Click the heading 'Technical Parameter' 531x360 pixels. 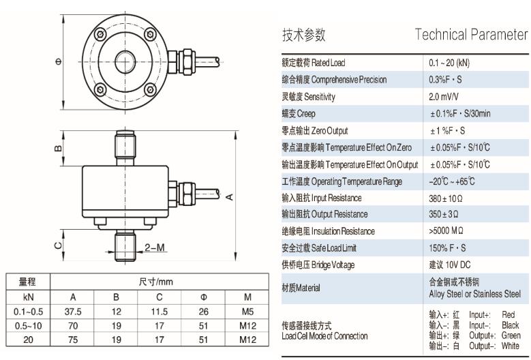pyautogui.click(x=472, y=35)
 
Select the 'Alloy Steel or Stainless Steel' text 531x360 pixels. pyautogui.click(x=474, y=293)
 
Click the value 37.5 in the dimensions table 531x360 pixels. pyautogui.click(x=72, y=312)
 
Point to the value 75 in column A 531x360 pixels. pyautogui.click(x=72, y=337)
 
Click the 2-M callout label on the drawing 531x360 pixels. pyautogui.click(x=155, y=247)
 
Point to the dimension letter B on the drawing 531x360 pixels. pyautogui.click(x=59, y=147)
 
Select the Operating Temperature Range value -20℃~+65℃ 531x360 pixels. pyautogui.click(x=452, y=181)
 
